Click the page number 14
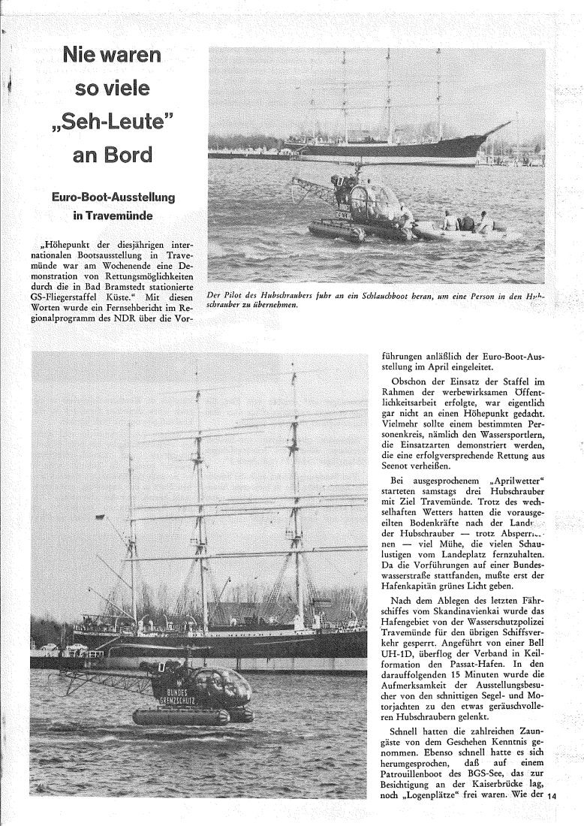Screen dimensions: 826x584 tap(555, 797)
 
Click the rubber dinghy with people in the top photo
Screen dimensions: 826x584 tap(462, 229)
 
